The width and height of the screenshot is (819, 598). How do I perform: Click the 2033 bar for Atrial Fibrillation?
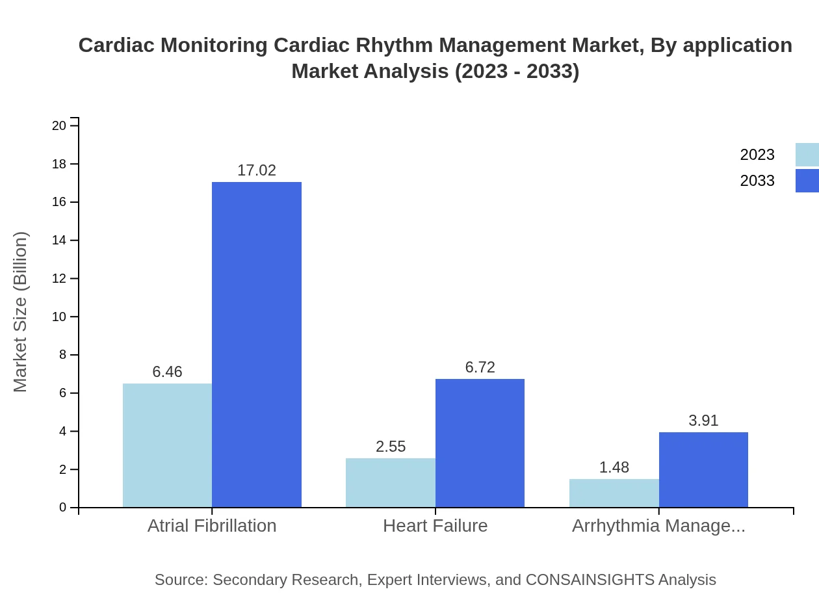pyautogui.click(x=257, y=344)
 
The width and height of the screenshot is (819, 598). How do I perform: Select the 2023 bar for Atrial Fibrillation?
pyautogui.click(x=167, y=445)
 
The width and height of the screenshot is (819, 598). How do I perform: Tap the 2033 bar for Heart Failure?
pyautogui.click(x=480, y=443)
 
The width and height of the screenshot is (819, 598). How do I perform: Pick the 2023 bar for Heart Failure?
pyautogui.click(x=390, y=482)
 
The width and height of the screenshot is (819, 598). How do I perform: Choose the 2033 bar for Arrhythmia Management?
pyautogui.click(x=703, y=469)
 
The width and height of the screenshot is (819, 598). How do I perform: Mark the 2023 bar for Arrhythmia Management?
pyautogui.click(x=614, y=493)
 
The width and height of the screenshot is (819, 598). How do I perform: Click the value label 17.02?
pyautogui.click(x=257, y=170)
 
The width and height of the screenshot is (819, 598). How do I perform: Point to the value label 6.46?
pyautogui.click(x=167, y=372)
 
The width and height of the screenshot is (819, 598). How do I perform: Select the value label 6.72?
pyautogui.click(x=480, y=367)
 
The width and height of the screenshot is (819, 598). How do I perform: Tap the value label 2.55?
pyautogui.click(x=390, y=447)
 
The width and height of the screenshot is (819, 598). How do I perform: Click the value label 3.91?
pyautogui.click(x=703, y=421)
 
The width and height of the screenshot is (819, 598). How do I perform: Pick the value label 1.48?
pyautogui.click(x=614, y=467)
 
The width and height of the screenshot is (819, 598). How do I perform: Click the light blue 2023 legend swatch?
pyautogui.click(x=807, y=155)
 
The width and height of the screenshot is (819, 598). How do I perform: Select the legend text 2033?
pyautogui.click(x=757, y=181)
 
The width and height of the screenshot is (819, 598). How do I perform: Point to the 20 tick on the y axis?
pyautogui.click(x=59, y=125)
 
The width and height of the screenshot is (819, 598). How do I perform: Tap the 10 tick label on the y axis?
pyautogui.click(x=59, y=317)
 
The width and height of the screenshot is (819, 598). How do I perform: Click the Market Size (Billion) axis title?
pyautogui.click(x=21, y=312)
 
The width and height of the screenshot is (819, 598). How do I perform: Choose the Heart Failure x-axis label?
pyautogui.click(x=435, y=525)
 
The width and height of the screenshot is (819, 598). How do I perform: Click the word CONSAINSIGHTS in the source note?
pyautogui.click(x=590, y=579)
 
